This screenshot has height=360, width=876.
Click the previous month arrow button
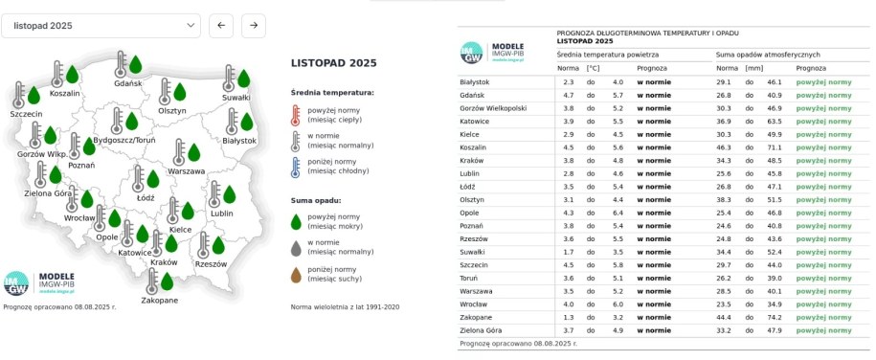pyautogui.click(x=220, y=25)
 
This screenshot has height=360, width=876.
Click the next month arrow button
pyautogui.click(x=254, y=25)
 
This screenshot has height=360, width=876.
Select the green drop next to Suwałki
pyautogui.click(x=243, y=79)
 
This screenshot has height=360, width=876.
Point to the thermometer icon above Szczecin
pyautogui.click(x=19, y=94)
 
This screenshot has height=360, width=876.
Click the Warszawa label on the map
pyautogui.click(x=186, y=171)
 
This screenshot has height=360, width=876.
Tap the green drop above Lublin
pyautogui.click(x=229, y=194)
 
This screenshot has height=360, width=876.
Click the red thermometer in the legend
pyautogui.click(x=295, y=116)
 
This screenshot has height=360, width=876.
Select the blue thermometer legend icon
pyautogui.click(x=295, y=169)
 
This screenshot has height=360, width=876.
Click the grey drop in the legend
pyautogui.click(x=295, y=247)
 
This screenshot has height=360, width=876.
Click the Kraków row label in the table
pyautogui.click(x=472, y=161)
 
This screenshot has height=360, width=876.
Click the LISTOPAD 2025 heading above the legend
pyautogui.click(x=333, y=62)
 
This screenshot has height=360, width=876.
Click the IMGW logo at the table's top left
pyautogui.click(x=472, y=53)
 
